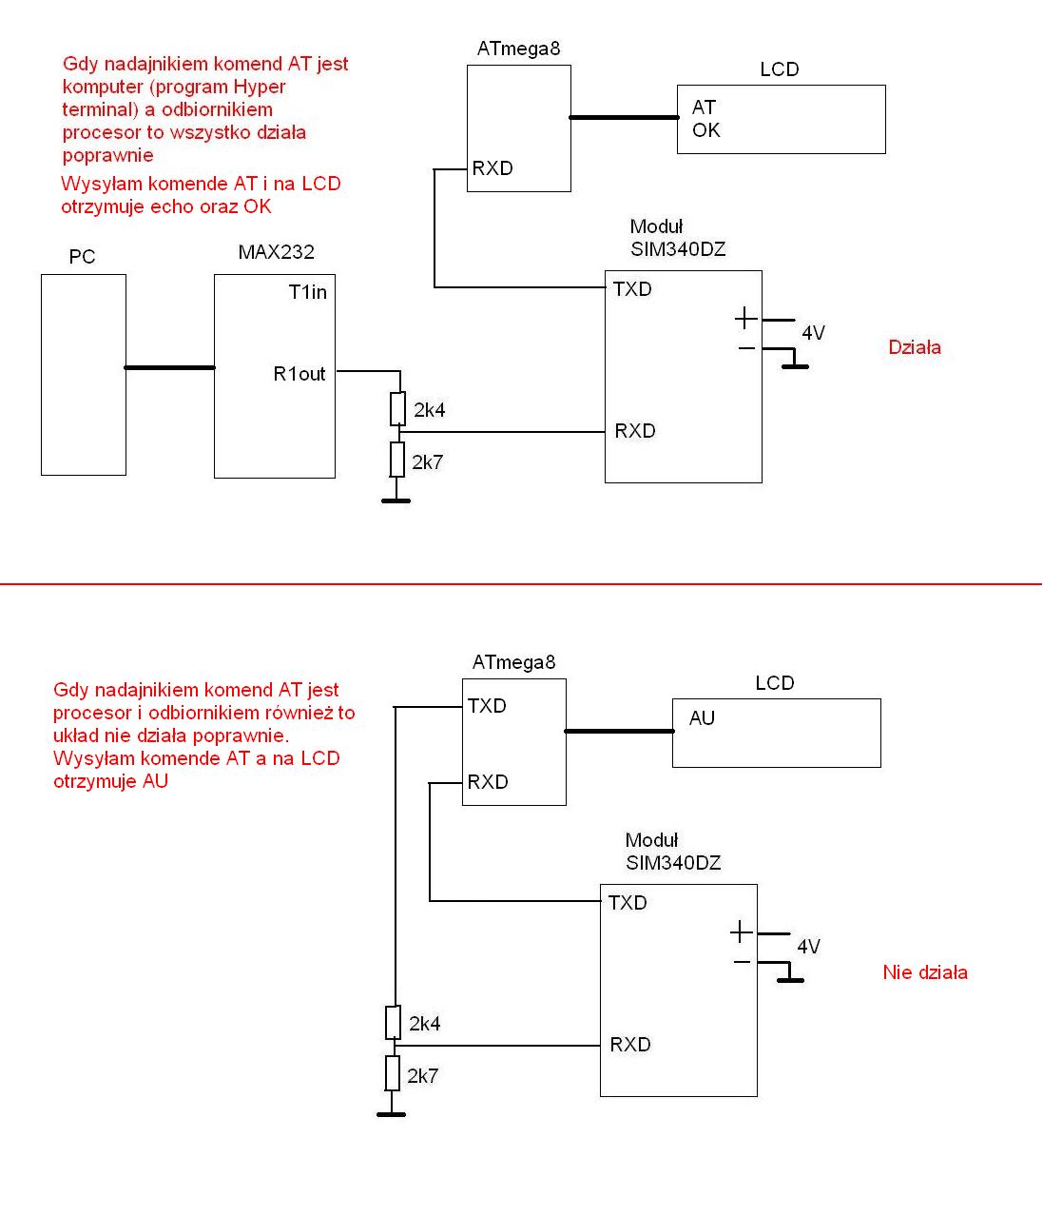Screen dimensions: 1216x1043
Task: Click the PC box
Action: point(84,374)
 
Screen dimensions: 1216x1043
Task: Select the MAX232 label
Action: point(276,252)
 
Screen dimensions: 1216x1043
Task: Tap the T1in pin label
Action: point(307,292)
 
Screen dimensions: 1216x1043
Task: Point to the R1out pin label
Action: point(299,374)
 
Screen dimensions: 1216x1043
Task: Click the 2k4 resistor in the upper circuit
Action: point(398,409)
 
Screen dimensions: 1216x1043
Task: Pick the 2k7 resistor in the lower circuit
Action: point(393,1073)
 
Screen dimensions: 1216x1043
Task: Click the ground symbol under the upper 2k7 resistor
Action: point(396,499)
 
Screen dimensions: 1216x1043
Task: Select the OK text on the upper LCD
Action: point(706,130)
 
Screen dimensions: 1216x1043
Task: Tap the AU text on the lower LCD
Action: point(702,718)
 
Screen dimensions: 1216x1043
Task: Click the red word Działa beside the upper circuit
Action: point(915,347)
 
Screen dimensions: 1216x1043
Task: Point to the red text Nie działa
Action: point(924,972)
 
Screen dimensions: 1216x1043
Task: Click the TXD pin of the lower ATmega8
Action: point(487,706)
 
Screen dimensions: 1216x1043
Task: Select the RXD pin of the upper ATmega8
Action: point(493,168)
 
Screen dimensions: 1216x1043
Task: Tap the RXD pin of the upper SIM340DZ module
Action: point(634,431)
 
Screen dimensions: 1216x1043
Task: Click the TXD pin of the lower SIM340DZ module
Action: point(628,903)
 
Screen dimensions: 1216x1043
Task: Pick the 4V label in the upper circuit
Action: point(813,333)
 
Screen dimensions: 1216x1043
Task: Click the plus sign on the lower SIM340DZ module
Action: point(741,932)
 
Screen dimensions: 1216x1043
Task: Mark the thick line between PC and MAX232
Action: point(169,367)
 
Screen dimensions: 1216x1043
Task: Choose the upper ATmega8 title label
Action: point(518,49)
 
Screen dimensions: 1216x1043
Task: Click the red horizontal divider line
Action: point(521,584)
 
